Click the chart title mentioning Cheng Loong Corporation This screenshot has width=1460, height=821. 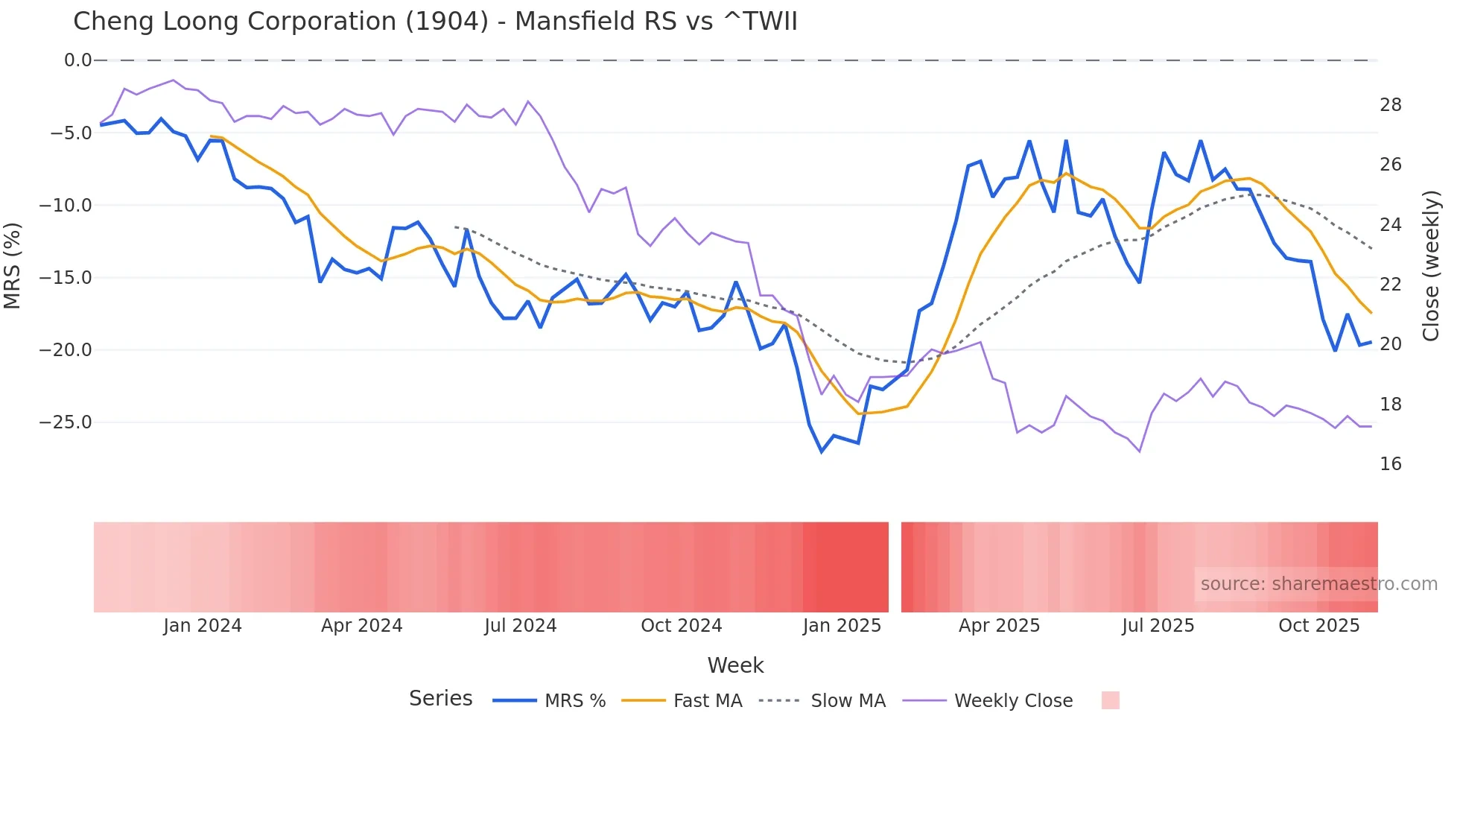pos(435,22)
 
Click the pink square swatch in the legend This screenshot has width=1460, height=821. pos(1110,700)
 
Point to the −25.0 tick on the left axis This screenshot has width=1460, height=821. pos(66,422)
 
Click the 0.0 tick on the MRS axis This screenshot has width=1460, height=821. pos(77,60)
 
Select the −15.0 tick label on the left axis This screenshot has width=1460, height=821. pos(66,278)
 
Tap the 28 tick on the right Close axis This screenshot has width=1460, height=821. pos(1390,105)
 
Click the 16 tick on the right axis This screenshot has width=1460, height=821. pos(1390,464)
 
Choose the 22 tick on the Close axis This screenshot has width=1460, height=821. pos(1390,285)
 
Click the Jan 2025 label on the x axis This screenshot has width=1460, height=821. pos(842,626)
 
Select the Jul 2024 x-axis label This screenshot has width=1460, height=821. pos(520,626)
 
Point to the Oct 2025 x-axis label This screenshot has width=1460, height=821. pos(1318,626)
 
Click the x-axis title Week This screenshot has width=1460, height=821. pos(735,665)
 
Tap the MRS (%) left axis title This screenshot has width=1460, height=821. pos(13,265)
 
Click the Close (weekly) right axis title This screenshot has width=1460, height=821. pos(1431,266)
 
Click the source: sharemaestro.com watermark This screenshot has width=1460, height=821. pos(1318,584)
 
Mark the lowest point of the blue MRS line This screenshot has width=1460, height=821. pos(822,451)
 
